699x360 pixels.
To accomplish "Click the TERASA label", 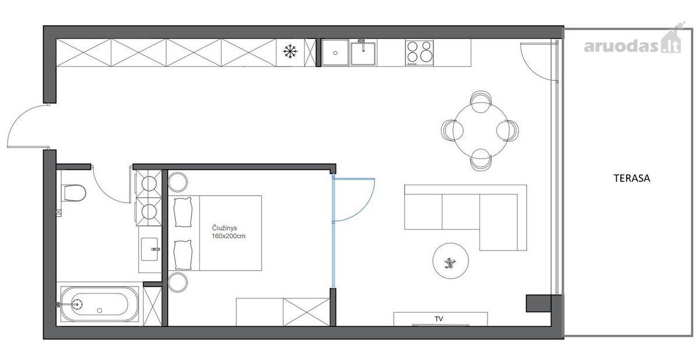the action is tap(631, 178).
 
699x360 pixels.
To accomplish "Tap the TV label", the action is tap(439, 319).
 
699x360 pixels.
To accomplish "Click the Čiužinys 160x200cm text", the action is tap(228, 232).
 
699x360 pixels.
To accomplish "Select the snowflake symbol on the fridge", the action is tap(290, 51).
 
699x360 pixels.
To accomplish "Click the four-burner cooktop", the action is tap(419, 53).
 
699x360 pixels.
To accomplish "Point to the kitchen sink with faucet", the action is tap(363, 53).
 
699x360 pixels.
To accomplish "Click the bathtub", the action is tap(100, 304).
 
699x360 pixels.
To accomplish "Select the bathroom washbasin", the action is tap(150, 249).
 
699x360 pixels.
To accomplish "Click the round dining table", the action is tap(481, 130).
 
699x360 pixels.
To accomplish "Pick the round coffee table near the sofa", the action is tap(450, 261).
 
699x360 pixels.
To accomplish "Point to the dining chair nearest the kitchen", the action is tap(481, 101).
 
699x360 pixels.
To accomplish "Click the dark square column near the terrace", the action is tap(538, 303).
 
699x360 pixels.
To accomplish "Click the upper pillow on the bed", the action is tap(183, 212).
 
